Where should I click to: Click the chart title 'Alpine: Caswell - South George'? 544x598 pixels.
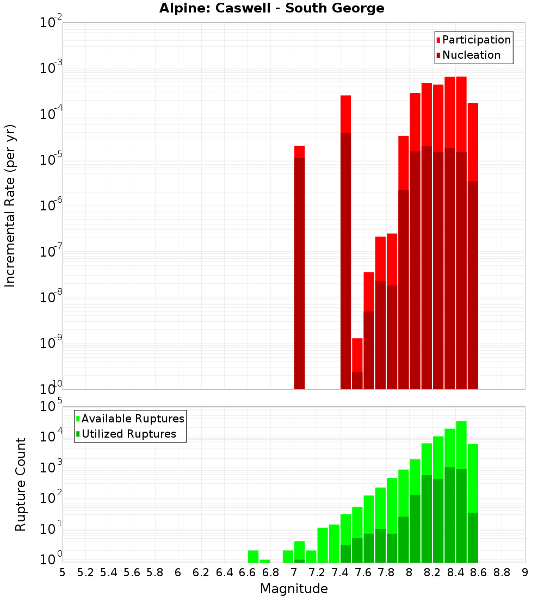pyautogui.click(x=271, y=8)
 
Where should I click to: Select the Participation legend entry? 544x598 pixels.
pyautogui.click(x=473, y=40)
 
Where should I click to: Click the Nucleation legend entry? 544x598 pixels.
pyautogui.click(x=468, y=55)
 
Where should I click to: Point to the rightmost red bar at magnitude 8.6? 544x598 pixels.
pyautogui.click(x=473, y=245)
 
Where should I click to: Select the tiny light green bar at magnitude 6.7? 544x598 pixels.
pyautogui.click(x=265, y=561)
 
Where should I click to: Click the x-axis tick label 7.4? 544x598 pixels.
pyautogui.click(x=339, y=572)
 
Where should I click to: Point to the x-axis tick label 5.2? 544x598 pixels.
pyautogui.click(x=85, y=572)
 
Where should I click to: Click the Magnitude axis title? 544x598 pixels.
pyautogui.click(x=294, y=589)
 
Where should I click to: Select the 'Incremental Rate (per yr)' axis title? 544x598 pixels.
pyautogui.click(x=10, y=205)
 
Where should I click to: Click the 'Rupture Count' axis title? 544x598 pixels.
pyautogui.click(x=21, y=484)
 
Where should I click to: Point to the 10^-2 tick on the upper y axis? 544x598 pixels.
pyautogui.click(x=51, y=23)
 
